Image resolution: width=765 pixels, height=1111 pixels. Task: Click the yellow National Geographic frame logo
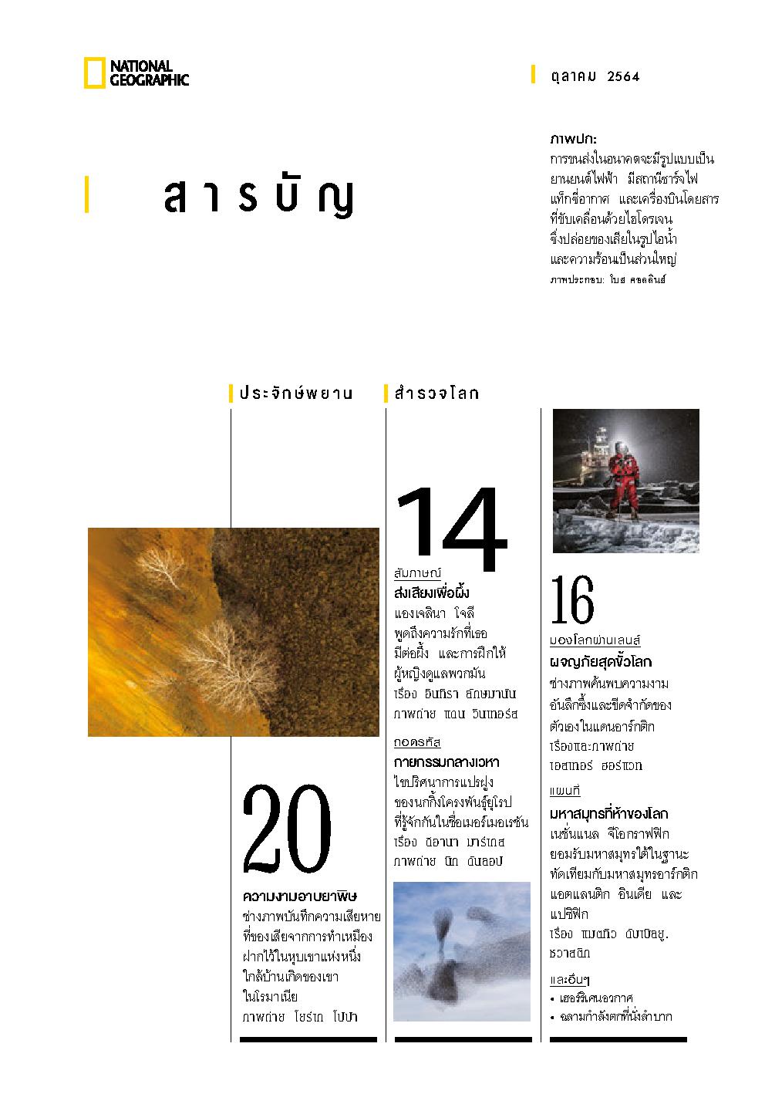(x=94, y=74)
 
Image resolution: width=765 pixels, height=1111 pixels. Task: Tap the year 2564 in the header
(x=624, y=76)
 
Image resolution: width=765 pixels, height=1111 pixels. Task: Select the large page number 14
(x=450, y=529)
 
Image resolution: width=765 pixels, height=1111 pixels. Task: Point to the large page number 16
(x=572, y=602)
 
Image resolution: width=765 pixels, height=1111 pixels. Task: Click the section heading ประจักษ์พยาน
(x=295, y=393)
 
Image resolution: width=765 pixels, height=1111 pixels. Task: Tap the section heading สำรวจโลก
(x=436, y=393)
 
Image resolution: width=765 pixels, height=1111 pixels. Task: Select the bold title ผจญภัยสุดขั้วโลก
(x=600, y=662)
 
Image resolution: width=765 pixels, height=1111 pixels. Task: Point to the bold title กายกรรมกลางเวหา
(x=446, y=762)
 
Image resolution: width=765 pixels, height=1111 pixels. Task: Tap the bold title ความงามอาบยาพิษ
(x=300, y=897)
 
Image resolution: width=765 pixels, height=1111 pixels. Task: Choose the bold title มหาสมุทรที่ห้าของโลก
(x=608, y=814)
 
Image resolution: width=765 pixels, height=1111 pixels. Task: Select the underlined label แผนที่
(x=564, y=792)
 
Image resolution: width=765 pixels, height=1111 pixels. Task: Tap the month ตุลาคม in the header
(x=574, y=76)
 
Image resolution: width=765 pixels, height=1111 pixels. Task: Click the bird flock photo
(x=461, y=951)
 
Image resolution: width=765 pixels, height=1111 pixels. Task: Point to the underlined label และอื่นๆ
(x=569, y=981)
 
